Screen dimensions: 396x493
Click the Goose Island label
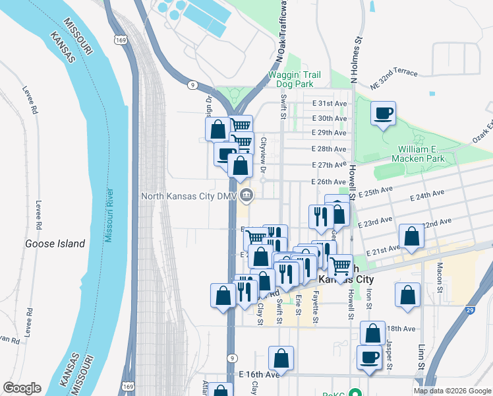(x=55, y=244)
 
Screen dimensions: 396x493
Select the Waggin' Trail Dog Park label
(x=295, y=80)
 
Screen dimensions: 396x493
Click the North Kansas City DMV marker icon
(x=246, y=195)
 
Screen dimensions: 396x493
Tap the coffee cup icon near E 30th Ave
(x=383, y=114)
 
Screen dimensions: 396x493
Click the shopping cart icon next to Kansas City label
(x=340, y=266)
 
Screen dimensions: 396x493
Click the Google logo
(x=22, y=388)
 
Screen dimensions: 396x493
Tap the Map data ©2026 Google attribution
(x=452, y=391)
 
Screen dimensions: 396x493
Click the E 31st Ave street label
(x=329, y=104)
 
